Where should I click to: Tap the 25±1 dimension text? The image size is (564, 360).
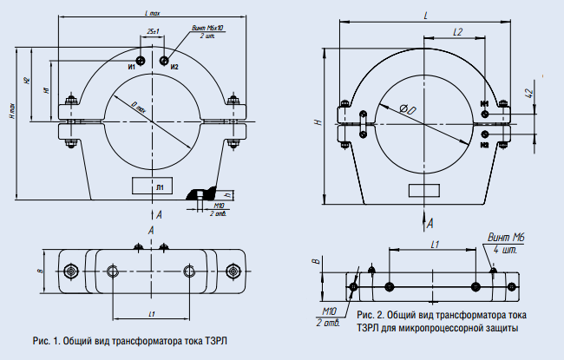(153, 31)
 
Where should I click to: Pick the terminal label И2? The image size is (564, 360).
(174, 67)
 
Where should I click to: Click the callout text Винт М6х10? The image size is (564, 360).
(207, 29)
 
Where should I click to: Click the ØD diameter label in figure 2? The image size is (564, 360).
(406, 109)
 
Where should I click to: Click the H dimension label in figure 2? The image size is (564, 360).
(318, 122)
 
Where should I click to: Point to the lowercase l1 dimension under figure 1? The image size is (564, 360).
(153, 311)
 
